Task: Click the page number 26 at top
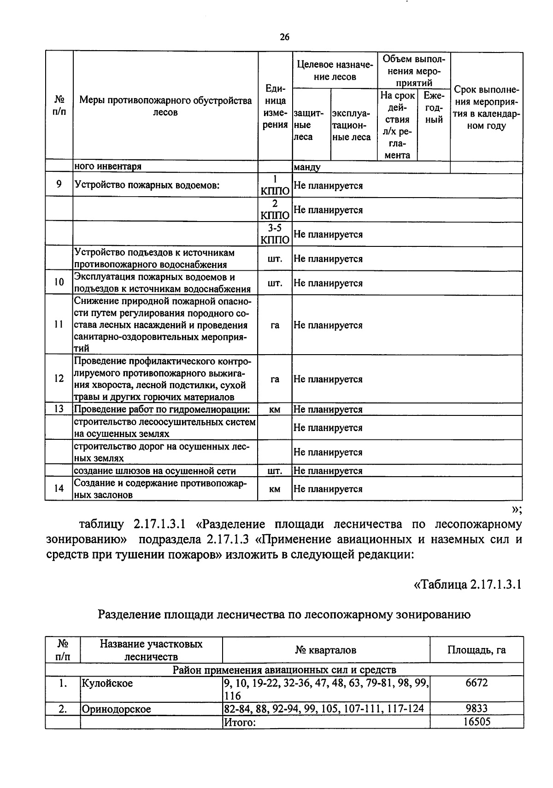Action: click(284, 38)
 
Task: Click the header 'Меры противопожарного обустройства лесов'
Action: click(165, 106)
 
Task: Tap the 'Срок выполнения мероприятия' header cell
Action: click(486, 108)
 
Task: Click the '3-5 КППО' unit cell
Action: click(275, 234)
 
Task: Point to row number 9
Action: click(59, 185)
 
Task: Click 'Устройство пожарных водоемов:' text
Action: click(147, 186)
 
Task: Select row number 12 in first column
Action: click(59, 379)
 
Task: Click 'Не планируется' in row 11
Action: click(328, 325)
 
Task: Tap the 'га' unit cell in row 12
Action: click(275, 379)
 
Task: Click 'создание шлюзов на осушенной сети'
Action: click(155, 471)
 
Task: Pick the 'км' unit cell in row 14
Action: click(275, 489)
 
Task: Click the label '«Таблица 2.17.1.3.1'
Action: click(467, 584)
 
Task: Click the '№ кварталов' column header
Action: click(325, 650)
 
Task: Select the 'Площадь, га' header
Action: click(477, 650)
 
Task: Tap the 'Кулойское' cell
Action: click(107, 683)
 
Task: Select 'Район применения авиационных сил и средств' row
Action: click(284, 669)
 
